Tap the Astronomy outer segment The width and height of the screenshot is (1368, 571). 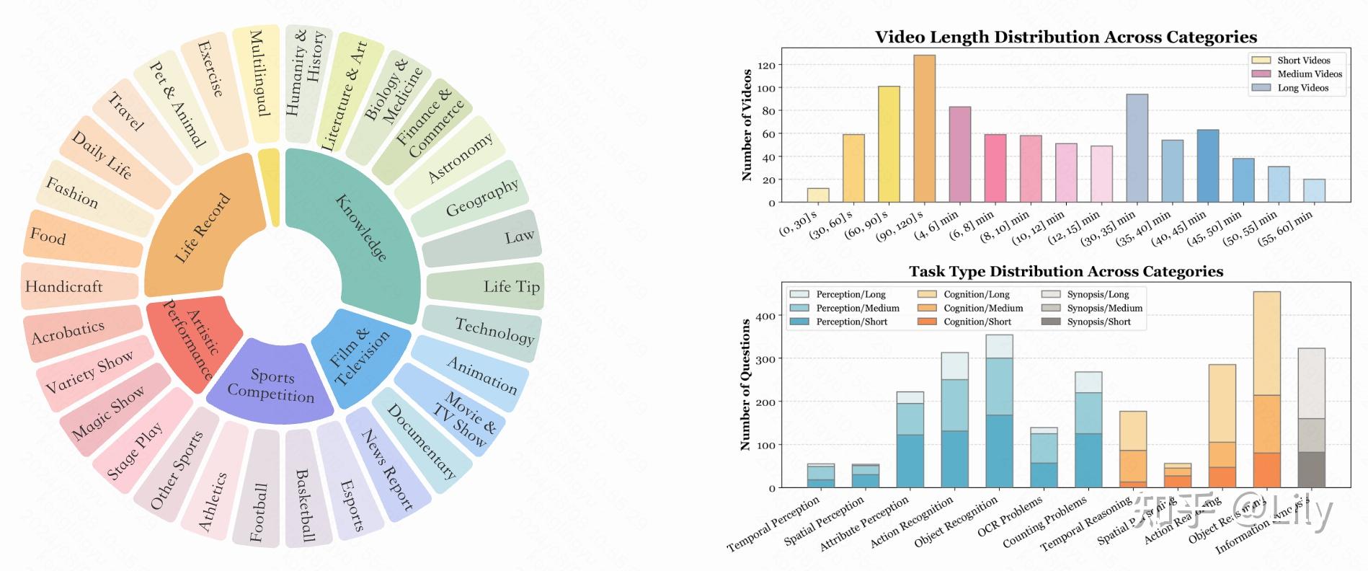460,158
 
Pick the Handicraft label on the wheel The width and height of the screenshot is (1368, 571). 64,287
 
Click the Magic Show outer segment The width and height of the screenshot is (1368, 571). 108,412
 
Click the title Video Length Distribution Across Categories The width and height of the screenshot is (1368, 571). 1065,37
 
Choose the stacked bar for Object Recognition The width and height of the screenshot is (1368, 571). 999,411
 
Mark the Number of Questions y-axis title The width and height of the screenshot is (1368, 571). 746,384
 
